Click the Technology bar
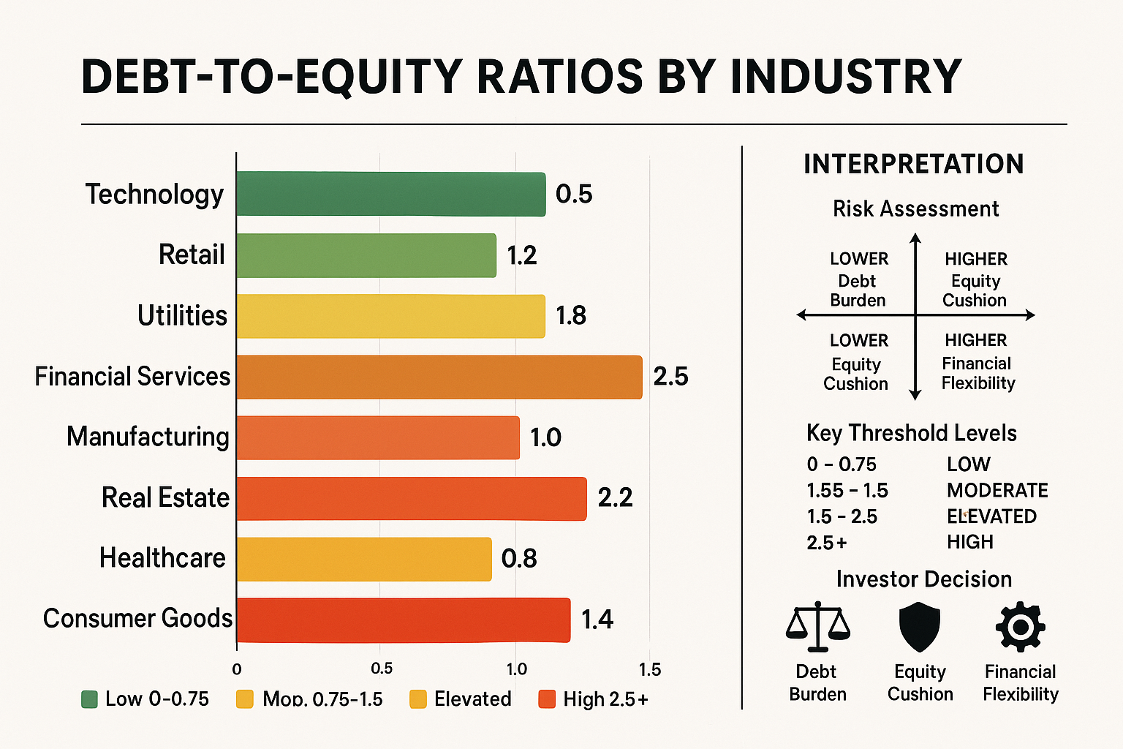pyautogui.click(x=390, y=194)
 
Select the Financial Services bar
pyautogui.click(x=439, y=377)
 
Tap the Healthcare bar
pyautogui.click(x=363, y=559)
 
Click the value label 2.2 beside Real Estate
pyautogui.click(x=615, y=498)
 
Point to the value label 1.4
pyautogui.click(x=597, y=620)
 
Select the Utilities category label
pyautogui.click(x=182, y=315)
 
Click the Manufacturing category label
pyautogui.click(x=148, y=437)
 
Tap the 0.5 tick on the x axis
pyautogui.click(x=381, y=669)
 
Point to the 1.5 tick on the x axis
pyautogui.click(x=649, y=669)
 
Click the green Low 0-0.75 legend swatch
pyautogui.click(x=89, y=699)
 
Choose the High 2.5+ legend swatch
pyautogui.click(x=547, y=699)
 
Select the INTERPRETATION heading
pyautogui.click(x=913, y=164)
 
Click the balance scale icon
pyautogui.click(x=817, y=627)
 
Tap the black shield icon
pyautogui.click(x=919, y=627)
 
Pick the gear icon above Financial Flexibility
pyautogui.click(x=1020, y=627)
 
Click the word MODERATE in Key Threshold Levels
pyautogui.click(x=997, y=490)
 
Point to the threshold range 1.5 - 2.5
pyautogui.click(x=842, y=516)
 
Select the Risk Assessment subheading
pyautogui.click(x=915, y=209)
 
